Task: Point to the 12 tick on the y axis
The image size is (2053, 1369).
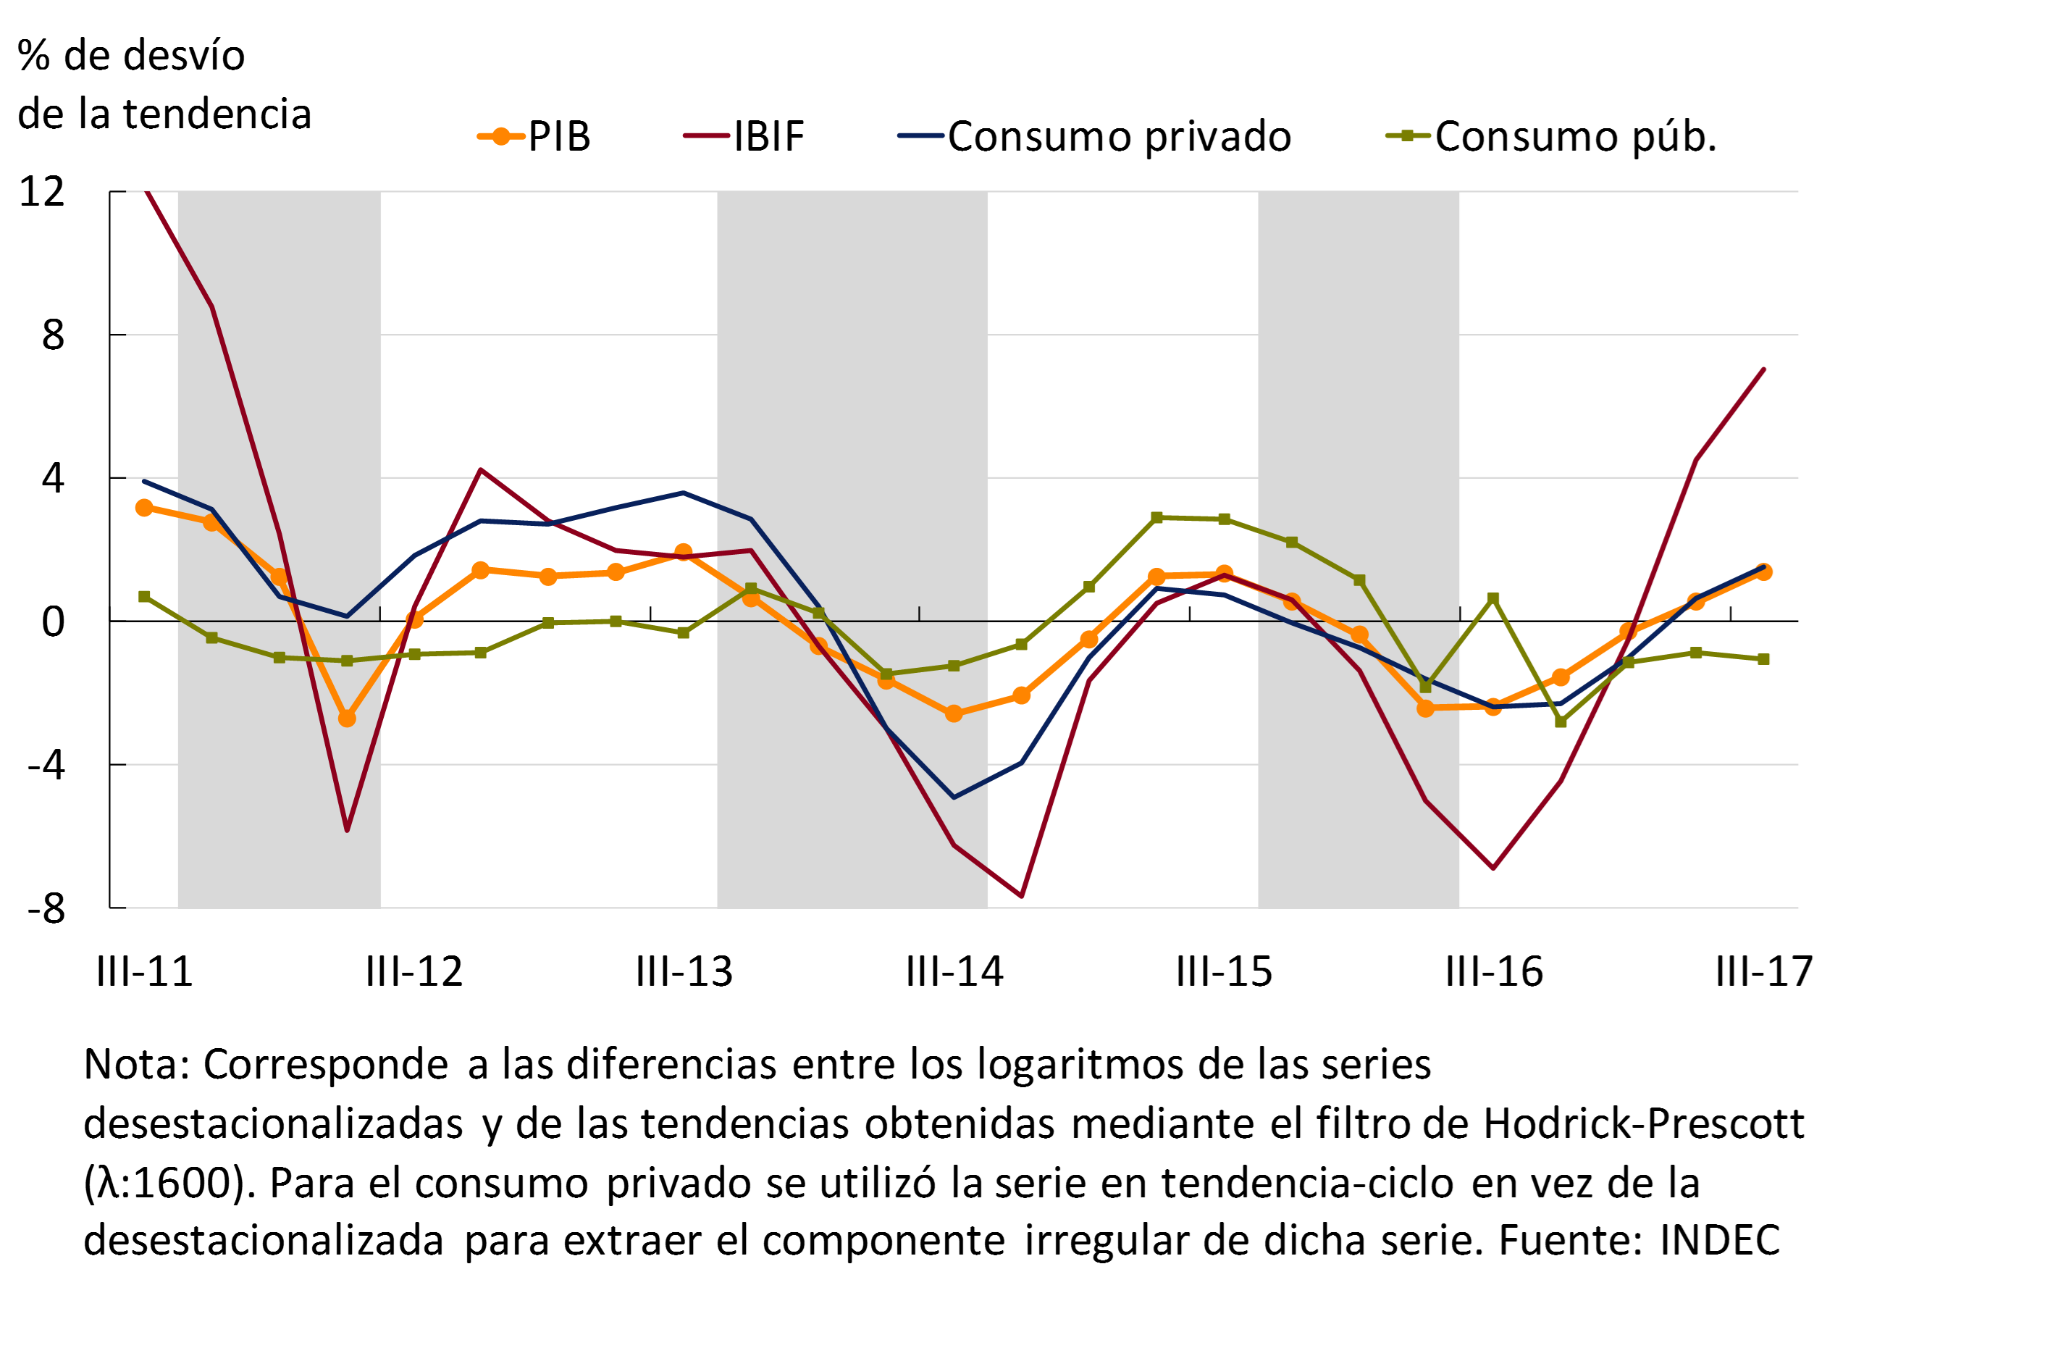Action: coord(42,191)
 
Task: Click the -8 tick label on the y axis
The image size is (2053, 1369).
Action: coord(46,909)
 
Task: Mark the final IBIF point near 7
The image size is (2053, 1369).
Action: coord(1764,369)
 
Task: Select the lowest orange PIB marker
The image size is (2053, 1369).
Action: coord(347,719)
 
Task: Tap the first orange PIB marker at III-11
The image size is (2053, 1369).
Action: coord(144,508)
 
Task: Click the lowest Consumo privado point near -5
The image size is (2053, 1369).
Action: coord(953,797)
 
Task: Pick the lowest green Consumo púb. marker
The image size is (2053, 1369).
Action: coord(1561,722)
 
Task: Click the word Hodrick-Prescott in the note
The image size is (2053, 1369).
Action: coord(1642,1123)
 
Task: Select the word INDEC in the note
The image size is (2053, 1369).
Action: coord(1720,1240)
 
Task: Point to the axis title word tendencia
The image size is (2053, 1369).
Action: coord(217,114)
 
